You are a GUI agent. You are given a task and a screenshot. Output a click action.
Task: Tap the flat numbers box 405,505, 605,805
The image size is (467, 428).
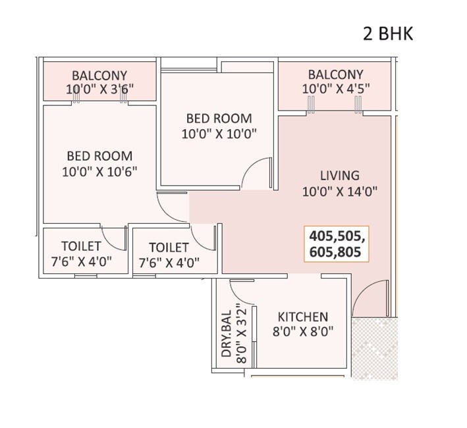pos(337,244)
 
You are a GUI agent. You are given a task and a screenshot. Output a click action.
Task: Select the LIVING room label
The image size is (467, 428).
pos(340,176)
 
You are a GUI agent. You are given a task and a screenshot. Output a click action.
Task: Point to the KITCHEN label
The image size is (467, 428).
pos(302,317)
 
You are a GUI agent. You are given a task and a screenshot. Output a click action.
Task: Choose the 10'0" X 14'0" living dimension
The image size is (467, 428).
pos(340,192)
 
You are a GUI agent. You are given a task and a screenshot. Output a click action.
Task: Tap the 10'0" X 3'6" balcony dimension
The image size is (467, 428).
pos(99,91)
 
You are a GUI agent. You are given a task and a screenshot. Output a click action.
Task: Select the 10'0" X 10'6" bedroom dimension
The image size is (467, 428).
pos(99,173)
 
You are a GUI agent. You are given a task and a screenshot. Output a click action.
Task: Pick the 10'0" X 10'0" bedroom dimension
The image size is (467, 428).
pos(219,134)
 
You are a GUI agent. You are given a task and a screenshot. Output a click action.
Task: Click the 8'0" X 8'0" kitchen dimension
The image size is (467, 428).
pos(302,333)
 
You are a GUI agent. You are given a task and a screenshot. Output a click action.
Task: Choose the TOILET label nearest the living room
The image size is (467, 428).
pos(169,248)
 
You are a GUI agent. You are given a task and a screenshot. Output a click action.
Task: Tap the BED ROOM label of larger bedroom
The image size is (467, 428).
pos(99,156)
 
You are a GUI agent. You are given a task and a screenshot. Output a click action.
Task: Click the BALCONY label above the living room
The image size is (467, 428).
pos(335,74)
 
